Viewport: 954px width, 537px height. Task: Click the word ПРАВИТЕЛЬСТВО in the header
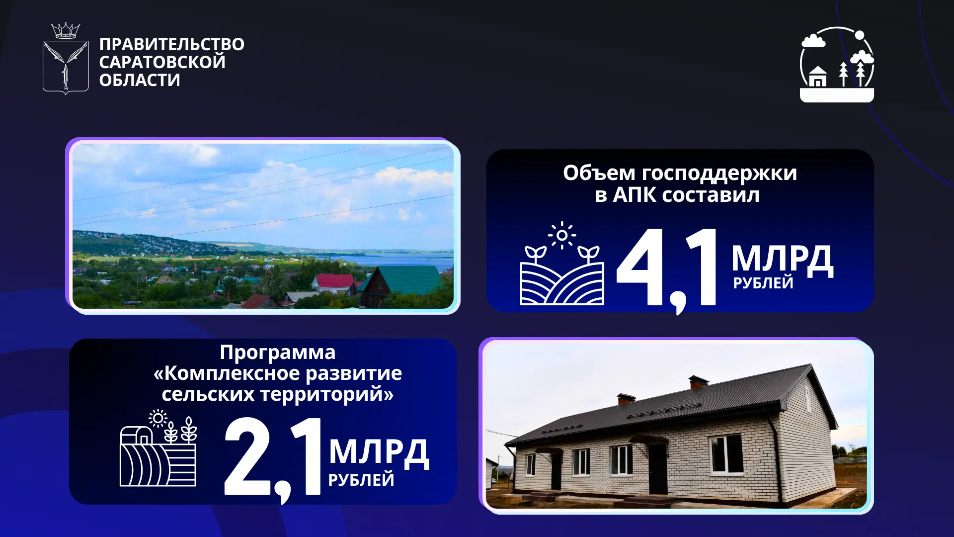pyautogui.click(x=171, y=44)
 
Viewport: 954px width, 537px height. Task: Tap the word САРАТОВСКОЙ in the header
pyautogui.click(x=162, y=62)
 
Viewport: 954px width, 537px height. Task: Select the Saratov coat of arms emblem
pyautogui.click(x=66, y=67)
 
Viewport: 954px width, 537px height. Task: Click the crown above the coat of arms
pyautogui.click(x=66, y=31)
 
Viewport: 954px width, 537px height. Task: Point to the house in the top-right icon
pyautogui.click(x=817, y=77)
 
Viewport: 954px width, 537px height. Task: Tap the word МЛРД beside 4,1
pyautogui.click(x=782, y=260)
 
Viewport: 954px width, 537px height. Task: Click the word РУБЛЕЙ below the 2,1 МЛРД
pyautogui.click(x=361, y=480)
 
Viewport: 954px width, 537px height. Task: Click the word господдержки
pyautogui.click(x=719, y=174)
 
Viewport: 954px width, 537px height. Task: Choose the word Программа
pyautogui.click(x=278, y=353)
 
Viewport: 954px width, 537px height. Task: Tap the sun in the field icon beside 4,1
pyautogui.click(x=562, y=235)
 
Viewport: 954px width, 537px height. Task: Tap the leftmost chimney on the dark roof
pyautogui.click(x=626, y=399)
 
